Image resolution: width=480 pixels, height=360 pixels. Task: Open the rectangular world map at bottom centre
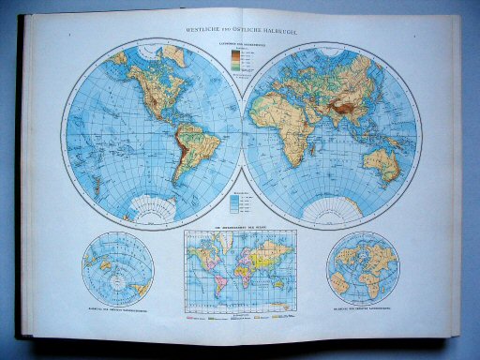pyautogui.click(x=239, y=272)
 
